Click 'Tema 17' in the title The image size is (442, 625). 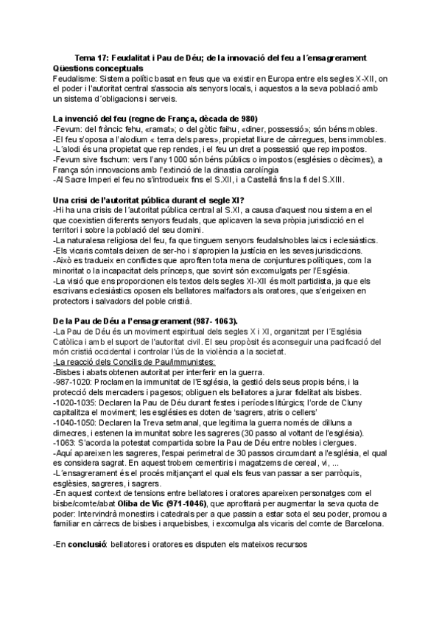[x=94, y=58]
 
